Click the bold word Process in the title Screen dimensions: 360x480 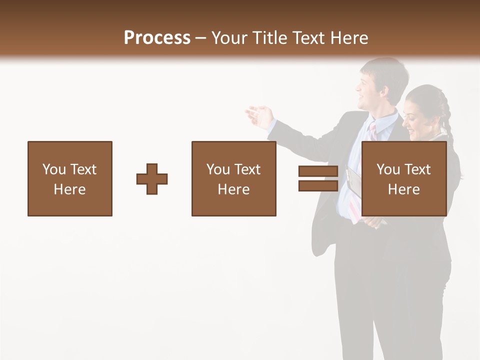click(x=157, y=38)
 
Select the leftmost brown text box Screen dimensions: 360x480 click(x=70, y=178)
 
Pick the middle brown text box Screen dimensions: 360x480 click(x=233, y=178)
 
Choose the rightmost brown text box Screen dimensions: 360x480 click(x=403, y=178)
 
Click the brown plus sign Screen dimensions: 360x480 click(x=152, y=179)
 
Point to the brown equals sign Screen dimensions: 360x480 click(x=318, y=178)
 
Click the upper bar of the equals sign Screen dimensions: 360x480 click(x=318, y=171)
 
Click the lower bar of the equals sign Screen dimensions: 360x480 click(x=318, y=186)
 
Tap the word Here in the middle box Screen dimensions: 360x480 click(x=233, y=189)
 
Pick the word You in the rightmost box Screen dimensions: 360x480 click(x=388, y=169)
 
